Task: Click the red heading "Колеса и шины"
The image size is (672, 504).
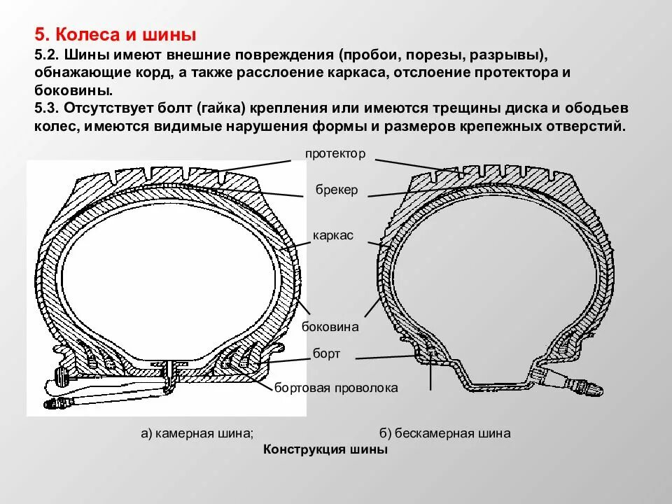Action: coord(115,34)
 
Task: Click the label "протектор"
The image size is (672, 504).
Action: coord(335,153)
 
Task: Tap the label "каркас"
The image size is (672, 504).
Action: coord(333,236)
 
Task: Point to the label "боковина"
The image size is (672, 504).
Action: coord(330,326)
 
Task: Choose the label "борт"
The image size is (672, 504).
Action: coord(327,353)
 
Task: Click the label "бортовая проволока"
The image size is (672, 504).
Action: coord(336,387)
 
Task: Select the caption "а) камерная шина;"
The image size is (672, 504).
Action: coord(197,433)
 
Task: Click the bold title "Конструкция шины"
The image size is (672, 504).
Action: coord(325,449)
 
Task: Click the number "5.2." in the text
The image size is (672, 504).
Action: coord(46,55)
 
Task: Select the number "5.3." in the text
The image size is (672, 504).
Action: coord(46,108)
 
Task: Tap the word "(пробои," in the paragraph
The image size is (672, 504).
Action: coord(371,55)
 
